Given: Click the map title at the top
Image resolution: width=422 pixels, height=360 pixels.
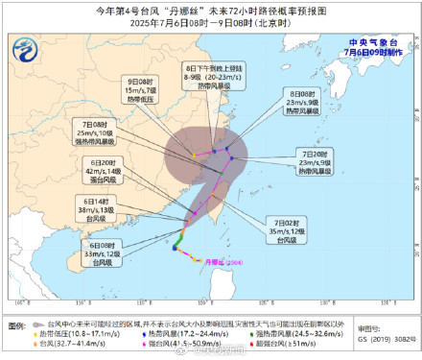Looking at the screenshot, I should (211, 9).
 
